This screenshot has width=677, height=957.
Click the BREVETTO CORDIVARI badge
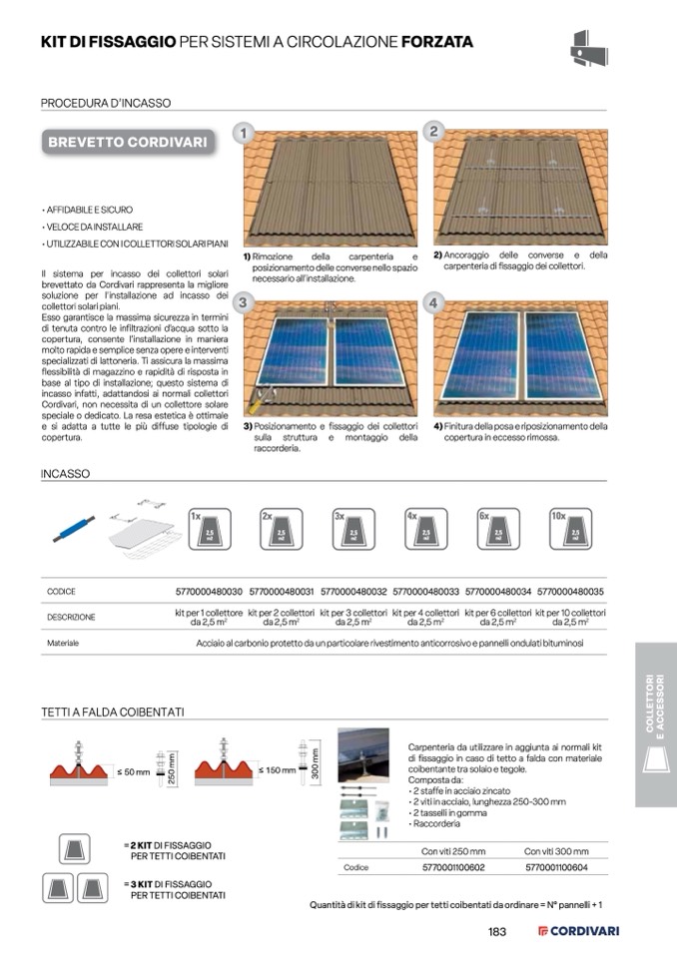[x=130, y=142]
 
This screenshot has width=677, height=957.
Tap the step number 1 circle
[x=243, y=133]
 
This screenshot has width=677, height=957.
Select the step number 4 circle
[x=433, y=301]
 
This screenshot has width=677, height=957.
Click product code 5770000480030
[x=209, y=592]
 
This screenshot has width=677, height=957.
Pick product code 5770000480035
[x=570, y=592]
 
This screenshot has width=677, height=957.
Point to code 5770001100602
[x=453, y=868]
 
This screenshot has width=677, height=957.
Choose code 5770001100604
[x=556, y=868]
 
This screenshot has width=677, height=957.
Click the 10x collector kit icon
[x=573, y=530]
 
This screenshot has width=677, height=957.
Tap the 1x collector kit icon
[x=210, y=530]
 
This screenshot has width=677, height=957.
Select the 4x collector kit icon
[x=426, y=530]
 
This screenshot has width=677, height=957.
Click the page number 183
[x=497, y=932]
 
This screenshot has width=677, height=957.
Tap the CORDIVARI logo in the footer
[x=579, y=932]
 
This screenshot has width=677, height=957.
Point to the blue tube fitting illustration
[x=74, y=528]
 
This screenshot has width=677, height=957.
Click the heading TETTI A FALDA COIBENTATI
[x=112, y=712]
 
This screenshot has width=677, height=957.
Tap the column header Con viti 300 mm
[x=556, y=851]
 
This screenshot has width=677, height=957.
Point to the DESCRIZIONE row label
[x=72, y=618]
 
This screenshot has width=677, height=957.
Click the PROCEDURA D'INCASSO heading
[x=105, y=103]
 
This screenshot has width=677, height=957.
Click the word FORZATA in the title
[x=437, y=42]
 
